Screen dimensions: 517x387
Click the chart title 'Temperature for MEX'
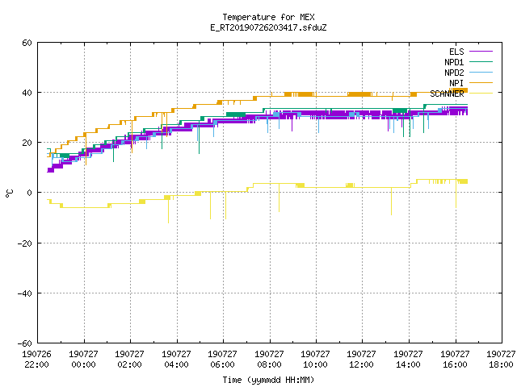tap(268, 17)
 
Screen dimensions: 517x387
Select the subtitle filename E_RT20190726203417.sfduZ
tap(268, 27)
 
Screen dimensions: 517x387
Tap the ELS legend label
tap(456, 52)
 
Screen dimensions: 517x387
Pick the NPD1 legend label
tap(454, 62)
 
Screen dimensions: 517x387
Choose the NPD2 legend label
tap(454, 73)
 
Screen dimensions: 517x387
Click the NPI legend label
tap(456, 83)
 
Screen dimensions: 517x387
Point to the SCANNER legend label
tap(447, 94)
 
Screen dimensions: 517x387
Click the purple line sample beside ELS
tap(481, 52)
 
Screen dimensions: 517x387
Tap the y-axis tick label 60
tap(27, 43)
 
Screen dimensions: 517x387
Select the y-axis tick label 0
tap(30, 193)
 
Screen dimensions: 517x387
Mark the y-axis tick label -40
tap(25, 293)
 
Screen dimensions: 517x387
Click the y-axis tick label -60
tap(25, 343)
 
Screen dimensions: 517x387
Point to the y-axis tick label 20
tap(27, 143)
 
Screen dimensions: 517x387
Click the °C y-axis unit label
tap(9, 193)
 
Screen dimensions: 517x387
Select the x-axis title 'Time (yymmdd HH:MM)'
tap(268, 380)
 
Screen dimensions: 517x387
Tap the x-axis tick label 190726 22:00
tap(36, 360)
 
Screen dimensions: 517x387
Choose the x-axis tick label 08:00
tap(269, 364)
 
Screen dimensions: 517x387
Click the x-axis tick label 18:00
tap(501, 364)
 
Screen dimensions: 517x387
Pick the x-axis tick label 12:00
tap(361, 364)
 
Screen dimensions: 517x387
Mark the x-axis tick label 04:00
tap(176, 364)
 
